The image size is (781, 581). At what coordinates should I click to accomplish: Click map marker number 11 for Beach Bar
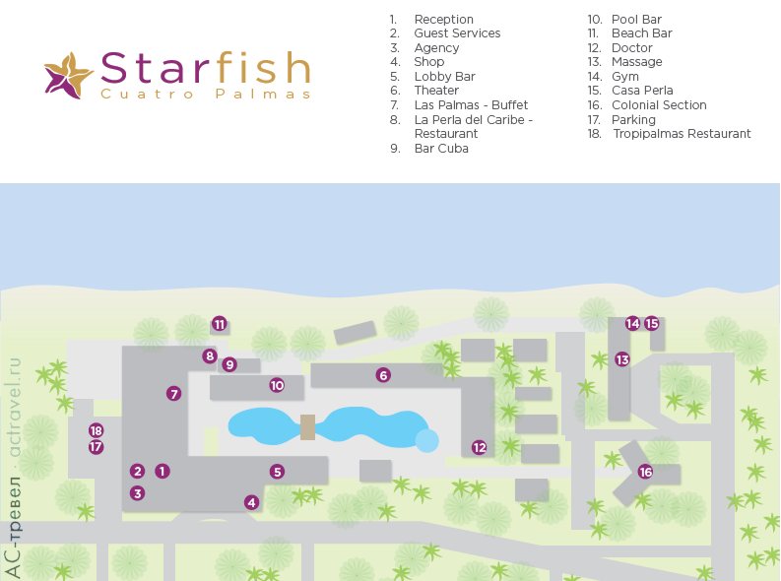(220, 323)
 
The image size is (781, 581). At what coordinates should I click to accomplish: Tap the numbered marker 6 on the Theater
(383, 374)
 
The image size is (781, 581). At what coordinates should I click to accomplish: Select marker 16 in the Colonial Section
(645, 472)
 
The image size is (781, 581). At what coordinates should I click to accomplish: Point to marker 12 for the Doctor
(480, 447)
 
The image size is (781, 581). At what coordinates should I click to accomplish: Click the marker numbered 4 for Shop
(252, 502)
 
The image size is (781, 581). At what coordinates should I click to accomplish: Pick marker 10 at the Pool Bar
(277, 385)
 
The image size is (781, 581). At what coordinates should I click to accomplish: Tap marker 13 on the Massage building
(622, 359)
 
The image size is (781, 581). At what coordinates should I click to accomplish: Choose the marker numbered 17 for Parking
(96, 447)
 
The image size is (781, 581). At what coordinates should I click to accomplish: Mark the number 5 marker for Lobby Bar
(278, 472)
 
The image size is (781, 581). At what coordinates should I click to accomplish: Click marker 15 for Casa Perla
(652, 323)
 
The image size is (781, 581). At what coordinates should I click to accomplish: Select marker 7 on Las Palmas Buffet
(174, 394)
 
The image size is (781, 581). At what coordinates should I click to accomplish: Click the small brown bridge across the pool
(308, 427)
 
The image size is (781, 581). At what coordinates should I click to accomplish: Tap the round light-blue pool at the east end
(426, 440)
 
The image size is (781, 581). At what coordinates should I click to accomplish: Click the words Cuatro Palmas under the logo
(205, 95)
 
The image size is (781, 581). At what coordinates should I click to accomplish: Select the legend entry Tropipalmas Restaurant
(681, 134)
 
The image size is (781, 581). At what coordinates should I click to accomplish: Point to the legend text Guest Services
(457, 33)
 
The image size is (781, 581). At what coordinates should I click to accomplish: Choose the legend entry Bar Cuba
(441, 149)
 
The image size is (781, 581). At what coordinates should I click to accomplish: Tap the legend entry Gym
(624, 76)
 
